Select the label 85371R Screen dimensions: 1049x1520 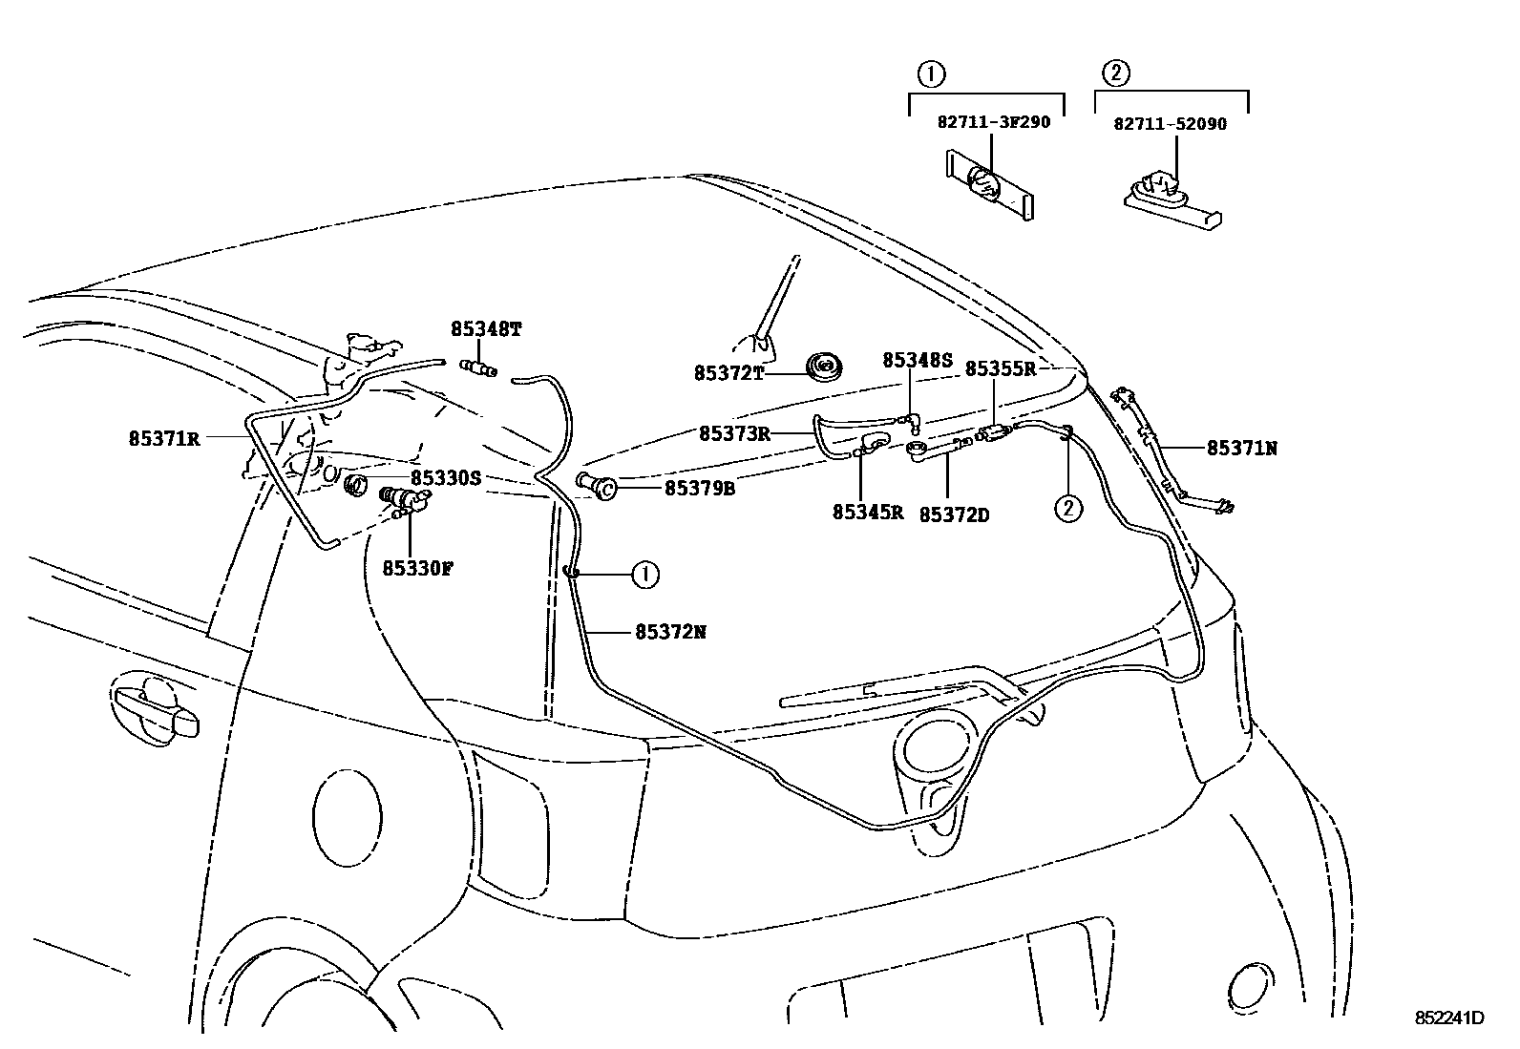click(x=164, y=439)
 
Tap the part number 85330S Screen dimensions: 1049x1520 click(x=446, y=478)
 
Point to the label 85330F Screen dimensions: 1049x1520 click(x=417, y=568)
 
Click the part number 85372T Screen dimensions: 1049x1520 click(x=728, y=373)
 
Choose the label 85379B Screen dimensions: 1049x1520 click(x=699, y=489)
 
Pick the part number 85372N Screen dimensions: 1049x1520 click(x=670, y=632)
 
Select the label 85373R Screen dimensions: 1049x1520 click(x=733, y=433)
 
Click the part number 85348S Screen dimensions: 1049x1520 click(x=918, y=360)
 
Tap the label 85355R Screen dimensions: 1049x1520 click(x=1000, y=368)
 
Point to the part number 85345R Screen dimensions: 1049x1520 click(x=867, y=512)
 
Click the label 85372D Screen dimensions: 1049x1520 click(x=954, y=514)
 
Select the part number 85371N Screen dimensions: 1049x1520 click(x=1241, y=448)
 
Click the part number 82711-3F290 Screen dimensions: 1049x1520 click(x=993, y=123)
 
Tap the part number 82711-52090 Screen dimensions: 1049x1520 click(x=1171, y=124)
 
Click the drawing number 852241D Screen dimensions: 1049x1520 click(x=1449, y=1018)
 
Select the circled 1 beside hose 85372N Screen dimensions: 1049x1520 click(x=645, y=575)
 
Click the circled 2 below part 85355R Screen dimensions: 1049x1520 click(x=1067, y=509)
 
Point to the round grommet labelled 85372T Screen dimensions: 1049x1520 click(x=822, y=366)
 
